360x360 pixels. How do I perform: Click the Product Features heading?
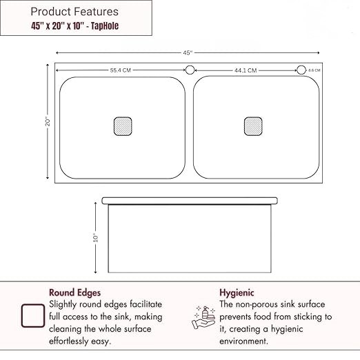tap(74, 12)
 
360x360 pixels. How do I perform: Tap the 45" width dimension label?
tap(187, 52)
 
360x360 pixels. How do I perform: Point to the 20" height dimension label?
tap(48, 121)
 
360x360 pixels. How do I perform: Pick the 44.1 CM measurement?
tap(246, 70)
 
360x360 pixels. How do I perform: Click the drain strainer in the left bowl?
tap(122, 126)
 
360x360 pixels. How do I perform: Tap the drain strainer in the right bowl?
tap(253, 126)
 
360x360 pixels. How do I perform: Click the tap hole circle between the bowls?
tap(190, 70)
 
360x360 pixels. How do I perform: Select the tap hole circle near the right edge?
tap(301, 70)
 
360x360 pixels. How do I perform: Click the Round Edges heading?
tap(75, 292)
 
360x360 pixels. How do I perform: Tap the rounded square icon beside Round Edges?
tap(33, 315)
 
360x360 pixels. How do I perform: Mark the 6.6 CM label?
tap(314, 70)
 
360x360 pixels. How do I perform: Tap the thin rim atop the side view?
tap(190, 201)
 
